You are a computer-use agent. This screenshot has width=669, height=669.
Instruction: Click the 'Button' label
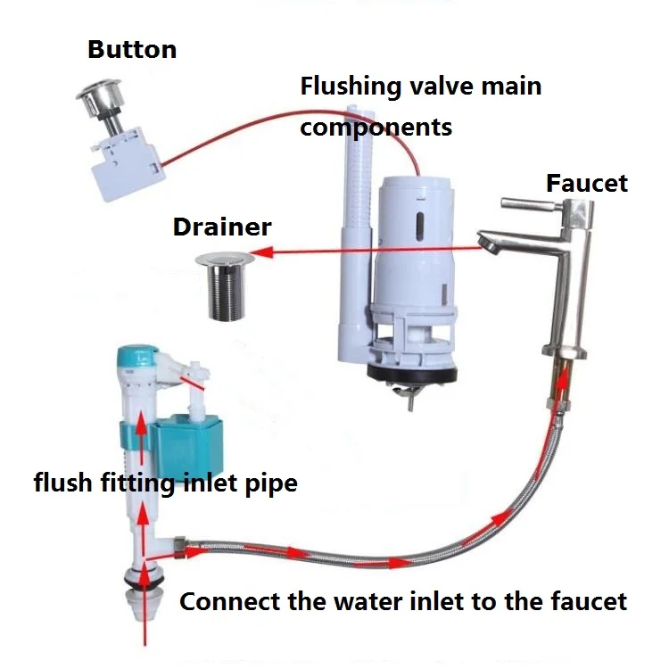coord(132,49)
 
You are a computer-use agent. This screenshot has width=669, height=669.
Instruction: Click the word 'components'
coord(376,128)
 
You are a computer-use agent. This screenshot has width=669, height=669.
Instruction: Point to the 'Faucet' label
coord(587,184)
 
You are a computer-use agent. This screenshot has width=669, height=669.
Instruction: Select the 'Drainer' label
coord(222,227)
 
